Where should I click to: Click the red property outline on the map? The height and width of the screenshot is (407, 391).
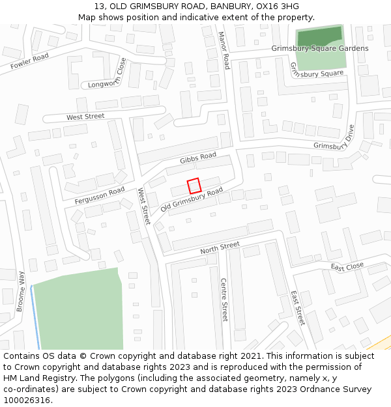point(194,186)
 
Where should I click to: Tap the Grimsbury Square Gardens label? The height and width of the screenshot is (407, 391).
point(320,48)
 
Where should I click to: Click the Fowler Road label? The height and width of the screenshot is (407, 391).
point(29,61)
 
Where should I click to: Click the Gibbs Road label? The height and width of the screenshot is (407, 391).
point(198,158)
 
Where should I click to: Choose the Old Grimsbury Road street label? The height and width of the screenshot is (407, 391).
point(192,201)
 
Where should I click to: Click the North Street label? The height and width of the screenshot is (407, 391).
point(220,248)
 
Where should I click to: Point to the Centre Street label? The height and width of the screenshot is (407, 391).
point(224,300)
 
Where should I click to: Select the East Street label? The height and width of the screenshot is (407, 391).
point(298,308)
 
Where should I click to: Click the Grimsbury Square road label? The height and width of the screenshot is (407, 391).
point(316,71)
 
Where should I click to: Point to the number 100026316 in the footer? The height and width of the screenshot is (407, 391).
point(27,400)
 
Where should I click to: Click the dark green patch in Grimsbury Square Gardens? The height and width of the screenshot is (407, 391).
point(319,36)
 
